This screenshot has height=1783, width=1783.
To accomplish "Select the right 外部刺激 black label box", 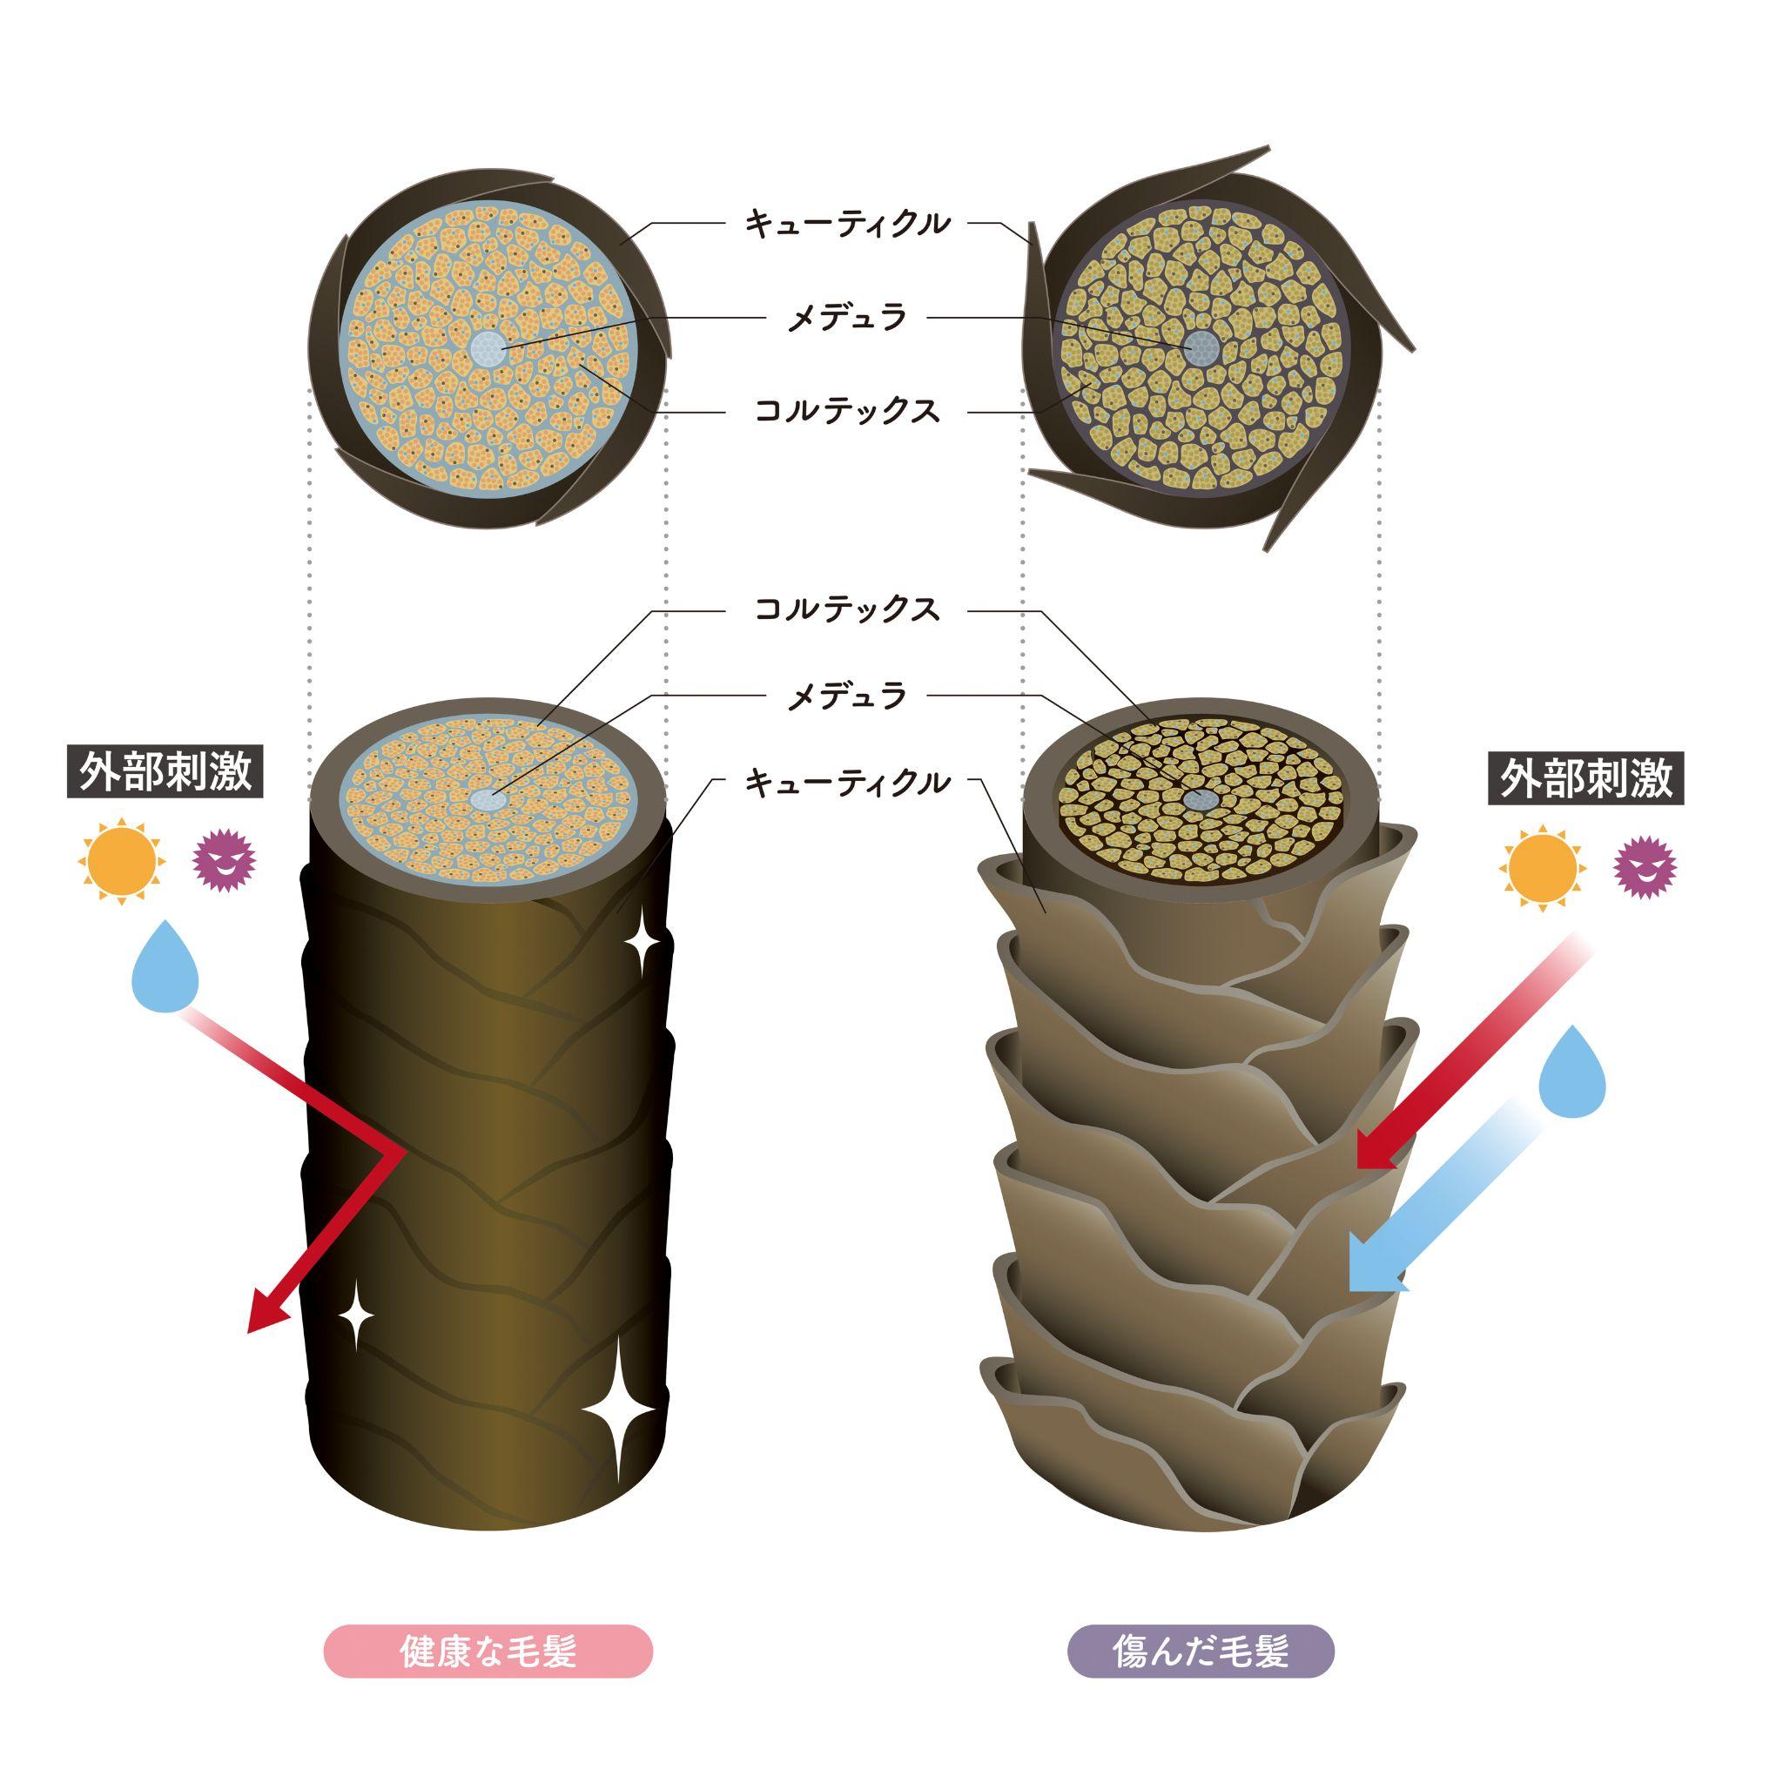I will click(x=1586, y=779).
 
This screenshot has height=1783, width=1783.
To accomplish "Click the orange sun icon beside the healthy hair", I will click(x=121, y=863).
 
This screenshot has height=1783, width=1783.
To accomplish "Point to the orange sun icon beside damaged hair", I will click(x=1542, y=870).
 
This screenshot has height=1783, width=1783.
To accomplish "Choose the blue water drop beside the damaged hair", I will click(x=1571, y=1073).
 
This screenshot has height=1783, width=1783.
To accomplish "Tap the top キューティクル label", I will click(x=846, y=224).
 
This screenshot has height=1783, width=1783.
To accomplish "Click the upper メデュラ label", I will click(x=846, y=319).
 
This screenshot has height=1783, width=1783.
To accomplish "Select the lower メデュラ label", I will click(x=846, y=696).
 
